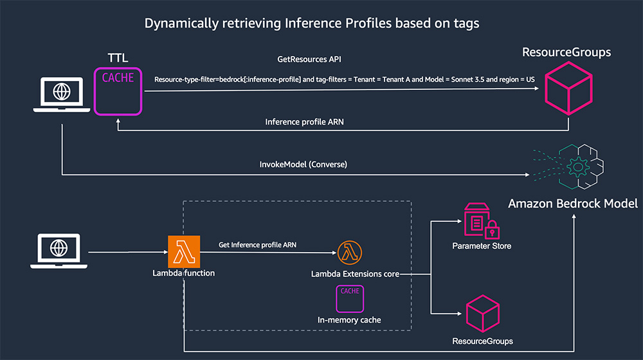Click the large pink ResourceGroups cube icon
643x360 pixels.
[568, 91]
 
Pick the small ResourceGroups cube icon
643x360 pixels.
[482, 313]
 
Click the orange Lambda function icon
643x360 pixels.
[183, 251]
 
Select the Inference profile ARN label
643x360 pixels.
[300, 122]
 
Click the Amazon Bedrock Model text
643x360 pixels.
[573, 204]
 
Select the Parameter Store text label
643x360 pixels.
[482, 246]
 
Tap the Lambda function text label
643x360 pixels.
[183, 273]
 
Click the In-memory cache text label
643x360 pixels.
[349, 319]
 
